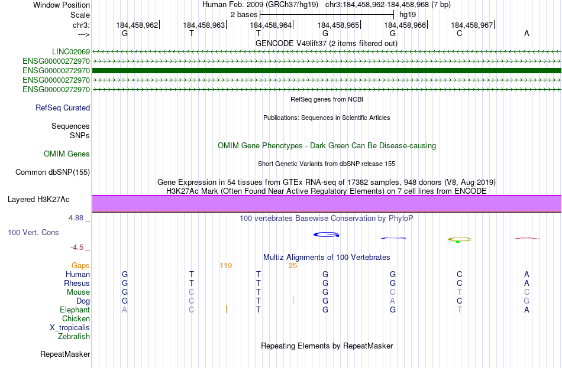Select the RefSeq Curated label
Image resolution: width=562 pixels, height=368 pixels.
(63, 108)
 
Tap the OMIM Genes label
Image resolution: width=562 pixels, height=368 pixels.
(67, 154)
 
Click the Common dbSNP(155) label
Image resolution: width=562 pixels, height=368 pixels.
(53, 172)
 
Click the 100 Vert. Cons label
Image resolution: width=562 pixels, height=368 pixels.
(33, 233)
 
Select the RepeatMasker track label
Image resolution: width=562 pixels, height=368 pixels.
(65, 354)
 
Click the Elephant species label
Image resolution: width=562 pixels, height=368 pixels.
(75, 310)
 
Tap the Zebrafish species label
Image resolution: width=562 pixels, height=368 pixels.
(74, 337)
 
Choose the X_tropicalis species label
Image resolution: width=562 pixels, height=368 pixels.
(70, 328)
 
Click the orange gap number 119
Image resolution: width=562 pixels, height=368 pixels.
(225, 266)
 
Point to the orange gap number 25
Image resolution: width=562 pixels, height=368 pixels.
(293, 266)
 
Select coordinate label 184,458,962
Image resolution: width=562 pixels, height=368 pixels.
(137, 25)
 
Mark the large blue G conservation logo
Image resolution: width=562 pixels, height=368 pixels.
(326, 235)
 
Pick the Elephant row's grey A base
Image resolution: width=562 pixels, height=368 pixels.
(124, 310)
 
